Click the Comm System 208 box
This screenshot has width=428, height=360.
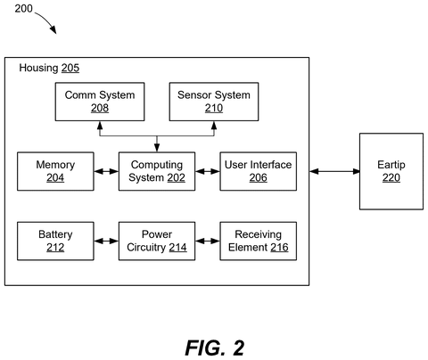click(x=100, y=102)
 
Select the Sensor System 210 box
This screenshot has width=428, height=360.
click(x=214, y=102)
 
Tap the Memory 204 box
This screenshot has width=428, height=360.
click(x=55, y=171)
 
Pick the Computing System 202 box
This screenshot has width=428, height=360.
click(x=157, y=171)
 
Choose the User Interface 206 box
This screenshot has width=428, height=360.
click(x=258, y=171)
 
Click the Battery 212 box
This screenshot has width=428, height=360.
click(x=55, y=241)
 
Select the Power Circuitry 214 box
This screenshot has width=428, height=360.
click(x=157, y=241)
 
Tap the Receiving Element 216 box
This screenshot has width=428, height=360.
click(x=258, y=241)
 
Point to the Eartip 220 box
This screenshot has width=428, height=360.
click(x=391, y=171)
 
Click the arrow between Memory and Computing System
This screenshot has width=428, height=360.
click(x=106, y=171)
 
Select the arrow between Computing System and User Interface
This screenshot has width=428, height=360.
click(x=208, y=171)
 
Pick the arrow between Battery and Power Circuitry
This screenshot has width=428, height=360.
click(x=106, y=241)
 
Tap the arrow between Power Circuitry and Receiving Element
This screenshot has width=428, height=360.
click(x=208, y=241)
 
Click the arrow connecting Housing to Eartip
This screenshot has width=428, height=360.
click(x=334, y=171)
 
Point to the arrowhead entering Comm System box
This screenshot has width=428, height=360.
click(x=100, y=125)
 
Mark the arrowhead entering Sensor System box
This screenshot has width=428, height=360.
click(x=214, y=125)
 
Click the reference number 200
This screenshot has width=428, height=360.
click(x=23, y=8)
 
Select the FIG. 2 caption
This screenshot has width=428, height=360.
click(x=215, y=348)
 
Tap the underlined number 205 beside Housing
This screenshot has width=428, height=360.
click(x=70, y=68)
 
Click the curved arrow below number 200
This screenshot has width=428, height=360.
click(x=47, y=20)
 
